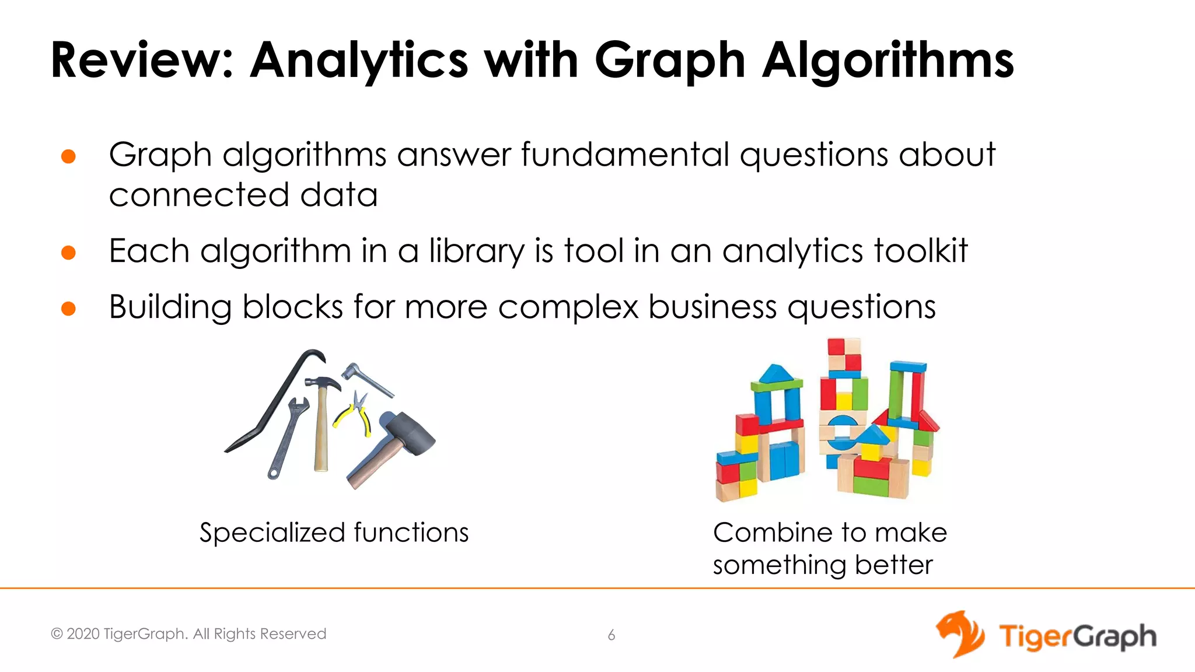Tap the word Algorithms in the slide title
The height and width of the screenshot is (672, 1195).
click(x=887, y=61)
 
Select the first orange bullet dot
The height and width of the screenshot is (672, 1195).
click(x=69, y=156)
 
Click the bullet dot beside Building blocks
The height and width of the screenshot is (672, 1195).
click(x=69, y=308)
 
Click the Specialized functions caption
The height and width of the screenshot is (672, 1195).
click(x=334, y=533)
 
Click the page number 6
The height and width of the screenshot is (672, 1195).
click(x=612, y=635)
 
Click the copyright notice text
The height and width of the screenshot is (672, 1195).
click(x=188, y=634)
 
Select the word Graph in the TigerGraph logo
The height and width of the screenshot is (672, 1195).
click(x=1115, y=636)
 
